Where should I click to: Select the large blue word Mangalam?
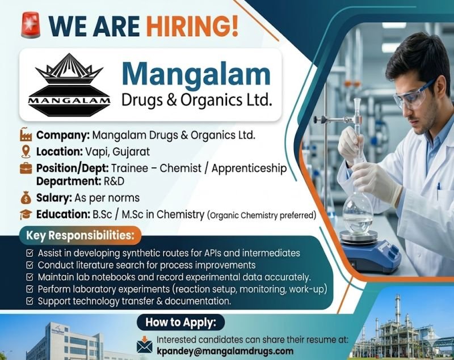pyautogui.click(x=197, y=74)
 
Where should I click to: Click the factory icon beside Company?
pyautogui.click(x=26, y=135)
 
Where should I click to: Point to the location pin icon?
pyautogui.click(x=26, y=151)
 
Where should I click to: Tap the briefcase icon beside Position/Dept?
pyautogui.click(x=26, y=168)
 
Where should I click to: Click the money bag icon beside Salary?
pyautogui.click(x=26, y=198)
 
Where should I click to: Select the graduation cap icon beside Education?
pyautogui.click(x=26, y=214)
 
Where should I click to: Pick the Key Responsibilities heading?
pyautogui.click(x=80, y=235)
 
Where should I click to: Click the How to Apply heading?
pyautogui.click(x=180, y=323)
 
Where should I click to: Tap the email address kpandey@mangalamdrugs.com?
pyautogui.click(x=225, y=350)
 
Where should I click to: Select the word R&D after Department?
pyautogui.click(x=113, y=181)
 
